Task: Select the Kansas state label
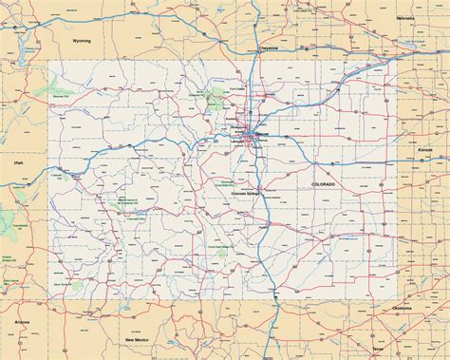pyautogui.click(x=423, y=149)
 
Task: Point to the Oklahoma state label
pyautogui.click(x=401, y=308)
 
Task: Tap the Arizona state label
pyautogui.click(x=23, y=323)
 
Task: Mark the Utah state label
pyautogui.click(x=19, y=162)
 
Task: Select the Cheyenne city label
pyautogui.click(x=268, y=47)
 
